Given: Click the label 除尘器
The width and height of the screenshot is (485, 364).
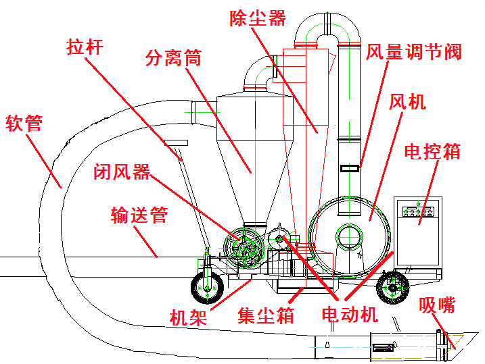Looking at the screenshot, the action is (258, 18).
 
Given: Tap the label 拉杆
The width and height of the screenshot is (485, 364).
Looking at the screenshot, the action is (85, 47).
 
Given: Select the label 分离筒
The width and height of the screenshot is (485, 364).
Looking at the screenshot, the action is (174, 57).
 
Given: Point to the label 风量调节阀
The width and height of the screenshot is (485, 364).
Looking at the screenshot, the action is (414, 51).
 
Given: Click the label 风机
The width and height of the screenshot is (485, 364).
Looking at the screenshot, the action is (407, 101).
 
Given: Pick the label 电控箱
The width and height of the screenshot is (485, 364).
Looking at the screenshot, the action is (432, 151).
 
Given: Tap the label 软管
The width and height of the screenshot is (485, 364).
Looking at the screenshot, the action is (24, 123).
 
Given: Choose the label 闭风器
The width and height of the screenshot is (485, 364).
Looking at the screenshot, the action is (122, 172).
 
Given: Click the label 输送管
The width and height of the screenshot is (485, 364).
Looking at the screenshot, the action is (139, 215).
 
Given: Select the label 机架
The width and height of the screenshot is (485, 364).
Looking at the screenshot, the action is (188, 317).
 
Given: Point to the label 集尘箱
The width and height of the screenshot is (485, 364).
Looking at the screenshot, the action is (265, 315).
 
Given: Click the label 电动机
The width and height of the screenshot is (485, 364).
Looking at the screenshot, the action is (350, 314).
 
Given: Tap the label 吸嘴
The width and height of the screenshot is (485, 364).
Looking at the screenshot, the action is (437, 305).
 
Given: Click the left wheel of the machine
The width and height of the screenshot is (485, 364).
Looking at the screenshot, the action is (207, 288).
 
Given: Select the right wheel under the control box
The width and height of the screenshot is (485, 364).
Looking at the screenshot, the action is (392, 288).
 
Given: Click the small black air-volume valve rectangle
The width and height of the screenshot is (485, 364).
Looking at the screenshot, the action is (350, 169).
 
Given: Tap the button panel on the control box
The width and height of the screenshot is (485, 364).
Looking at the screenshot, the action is (418, 212).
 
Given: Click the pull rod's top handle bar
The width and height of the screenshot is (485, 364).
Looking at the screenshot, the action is (176, 142).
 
